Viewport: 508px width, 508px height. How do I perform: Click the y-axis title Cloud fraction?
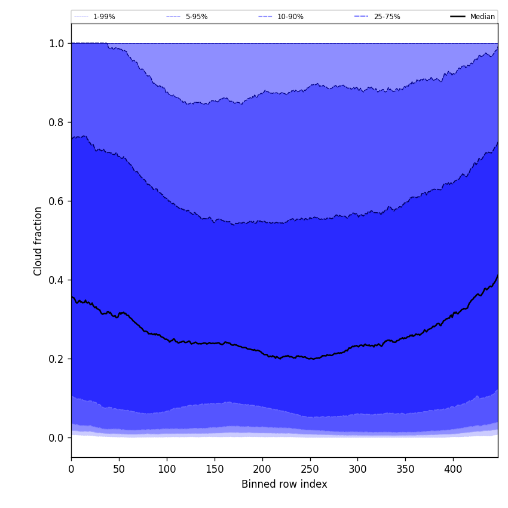38,241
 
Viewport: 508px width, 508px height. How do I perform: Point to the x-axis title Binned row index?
284,484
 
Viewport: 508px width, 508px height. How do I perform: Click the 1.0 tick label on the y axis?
56,44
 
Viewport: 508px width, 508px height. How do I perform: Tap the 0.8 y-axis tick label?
56,123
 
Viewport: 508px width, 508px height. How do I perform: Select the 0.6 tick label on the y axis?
56,201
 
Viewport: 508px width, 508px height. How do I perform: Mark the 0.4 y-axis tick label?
56,280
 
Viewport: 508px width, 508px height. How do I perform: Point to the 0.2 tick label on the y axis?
56,359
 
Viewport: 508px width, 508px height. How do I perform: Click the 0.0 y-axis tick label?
56,438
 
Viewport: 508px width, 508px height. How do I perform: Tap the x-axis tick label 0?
71,469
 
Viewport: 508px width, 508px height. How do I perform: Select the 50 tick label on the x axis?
119,469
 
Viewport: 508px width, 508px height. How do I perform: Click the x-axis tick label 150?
215,469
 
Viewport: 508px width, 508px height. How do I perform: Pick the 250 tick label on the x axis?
310,469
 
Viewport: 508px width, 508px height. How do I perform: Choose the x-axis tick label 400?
453,469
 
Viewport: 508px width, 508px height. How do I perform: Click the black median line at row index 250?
310,359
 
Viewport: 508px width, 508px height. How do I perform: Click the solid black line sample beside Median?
458,17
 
